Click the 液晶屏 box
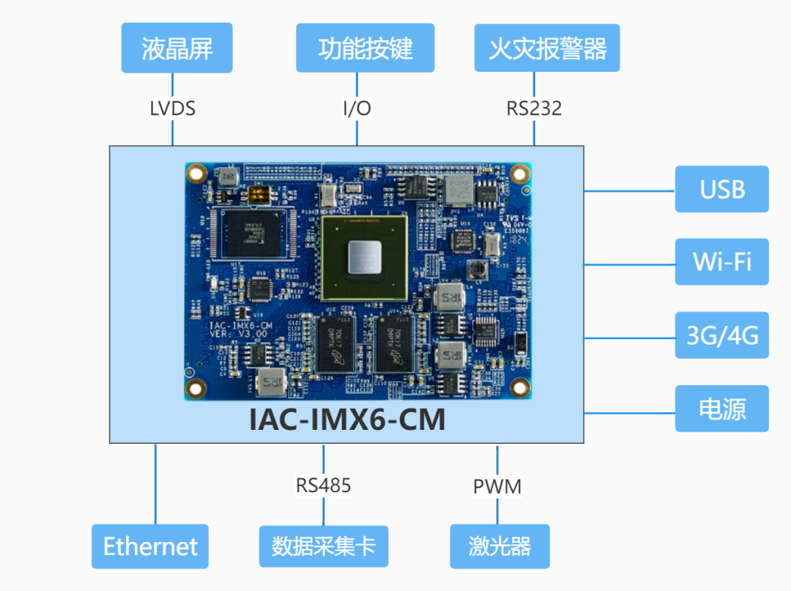tap(177, 48)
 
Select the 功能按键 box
tap(365, 48)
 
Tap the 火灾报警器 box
tap(547, 48)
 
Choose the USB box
tap(721, 189)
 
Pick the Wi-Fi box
tap(721, 261)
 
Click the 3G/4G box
tap(721, 335)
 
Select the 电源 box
tap(721, 409)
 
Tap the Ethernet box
tap(150, 546)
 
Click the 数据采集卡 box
tap(323, 546)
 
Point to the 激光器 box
tap(500, 546)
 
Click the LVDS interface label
tap(173, 109)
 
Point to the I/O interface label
tap(357, 109)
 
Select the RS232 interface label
tap(534, 109)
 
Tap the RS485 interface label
tap(323, 485)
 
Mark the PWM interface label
tap(497, 486)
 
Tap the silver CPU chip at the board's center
tap(364, 257)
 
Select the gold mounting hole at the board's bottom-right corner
tap(519, 387)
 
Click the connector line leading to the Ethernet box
tap(156, 483)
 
